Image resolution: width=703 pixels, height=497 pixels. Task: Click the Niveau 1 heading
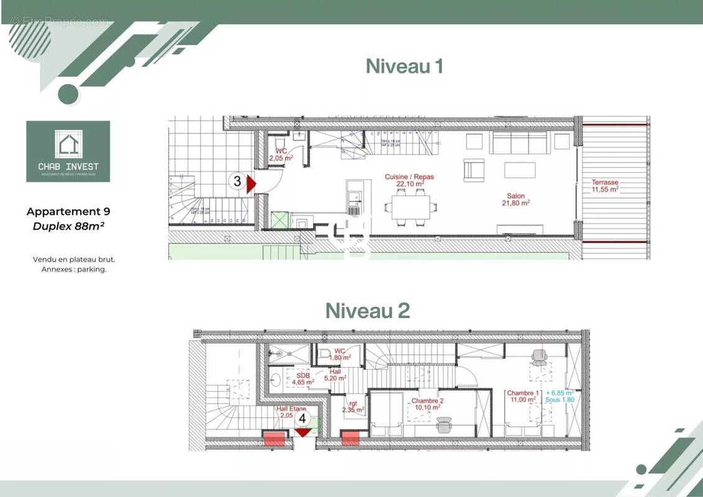pyautogui.click(x=404, y=66)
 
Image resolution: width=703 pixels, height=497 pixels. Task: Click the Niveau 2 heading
pyautogui.click(x=368, y=311)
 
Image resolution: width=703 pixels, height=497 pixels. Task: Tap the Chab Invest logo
pyautogui.click(x=68, y=152)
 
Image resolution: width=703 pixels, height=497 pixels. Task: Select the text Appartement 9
pyautogui.click(x=68, y=212)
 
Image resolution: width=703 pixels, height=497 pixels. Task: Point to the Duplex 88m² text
pyautogui.click(x=68, y=226)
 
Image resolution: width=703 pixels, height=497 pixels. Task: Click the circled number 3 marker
pyautogui.click(x=237, y=182)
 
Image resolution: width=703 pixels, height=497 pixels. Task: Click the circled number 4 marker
pyautogui.click(x=302, y=419)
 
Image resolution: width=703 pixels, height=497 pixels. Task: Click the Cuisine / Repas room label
pyautogui.click(x=409, y=180)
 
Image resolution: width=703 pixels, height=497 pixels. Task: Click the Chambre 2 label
pyautogui.click(x=427, y=404)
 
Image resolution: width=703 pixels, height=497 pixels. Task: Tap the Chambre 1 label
pyautogui.click(x=522, y=397)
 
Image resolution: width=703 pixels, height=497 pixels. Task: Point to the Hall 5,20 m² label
pyautogui.click(x=335, y=375)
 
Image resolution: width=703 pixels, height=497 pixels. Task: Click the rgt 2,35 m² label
pyautogui.click(x=352, y=406)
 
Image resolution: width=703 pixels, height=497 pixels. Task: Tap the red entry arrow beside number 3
pyautogui.click(x=252, y=185)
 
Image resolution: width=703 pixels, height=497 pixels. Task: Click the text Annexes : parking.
pyautogui.click(x=74, y=270)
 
